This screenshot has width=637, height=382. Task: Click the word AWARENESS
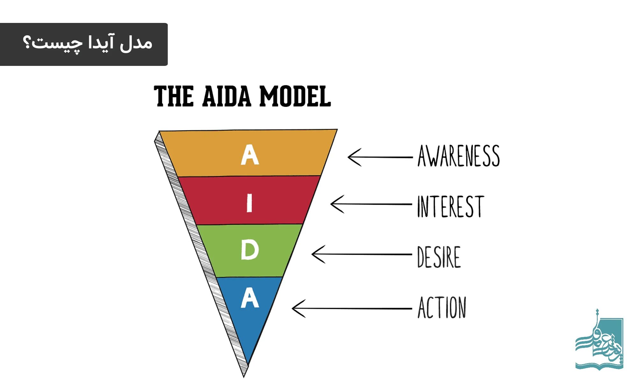pos(458,156)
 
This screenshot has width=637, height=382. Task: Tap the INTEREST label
pos(450,207)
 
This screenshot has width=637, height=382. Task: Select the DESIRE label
pos(439,257)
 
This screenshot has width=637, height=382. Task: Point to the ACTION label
pos(442,308)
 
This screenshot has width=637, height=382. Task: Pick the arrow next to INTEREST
pos(371,204)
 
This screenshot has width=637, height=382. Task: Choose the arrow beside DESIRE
pos(361,254)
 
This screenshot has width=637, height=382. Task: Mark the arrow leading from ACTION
pos(352,308)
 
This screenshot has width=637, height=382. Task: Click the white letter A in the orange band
pos(250,155)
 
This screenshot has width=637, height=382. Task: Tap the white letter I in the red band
pos(249,203)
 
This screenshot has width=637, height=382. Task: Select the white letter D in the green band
pos(250,250)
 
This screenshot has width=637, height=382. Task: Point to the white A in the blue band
pos(250,298)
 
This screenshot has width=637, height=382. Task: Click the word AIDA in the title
pos(226,96)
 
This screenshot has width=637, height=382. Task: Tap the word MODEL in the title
pos(295,96)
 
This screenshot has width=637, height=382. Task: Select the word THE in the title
pos(174,96)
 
